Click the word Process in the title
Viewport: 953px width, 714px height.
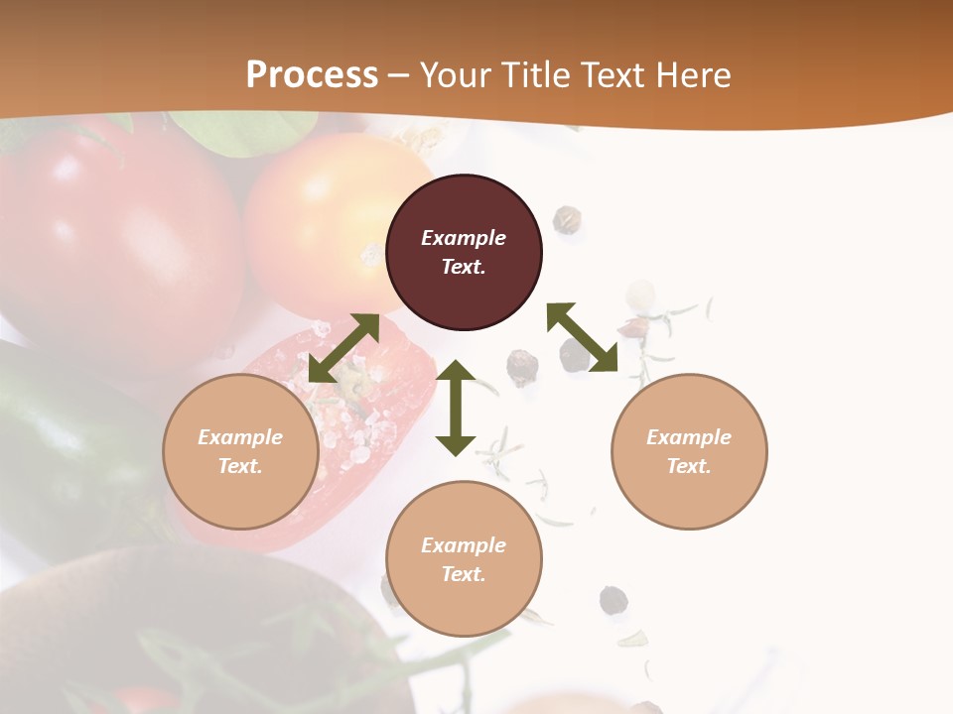pos(312,75)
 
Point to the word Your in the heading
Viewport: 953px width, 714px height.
pos(456,75)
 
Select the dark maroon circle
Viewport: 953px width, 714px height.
pos(464,252)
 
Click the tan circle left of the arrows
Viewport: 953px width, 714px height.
pos(240,451)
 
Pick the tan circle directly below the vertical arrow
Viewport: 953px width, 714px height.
pos(464,558)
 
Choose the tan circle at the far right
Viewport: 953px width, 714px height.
pos(688,451)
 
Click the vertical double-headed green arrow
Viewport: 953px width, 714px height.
pos(456,408)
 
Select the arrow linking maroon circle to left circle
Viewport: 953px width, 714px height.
pos(343,348)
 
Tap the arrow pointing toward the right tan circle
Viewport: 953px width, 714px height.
pos(583,337)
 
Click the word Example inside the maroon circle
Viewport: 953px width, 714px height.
pos(464,238)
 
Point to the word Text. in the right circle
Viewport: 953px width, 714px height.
pos(688,466)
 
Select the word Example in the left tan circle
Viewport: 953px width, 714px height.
pos(240,437)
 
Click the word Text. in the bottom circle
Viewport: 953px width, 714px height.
pos(464,574)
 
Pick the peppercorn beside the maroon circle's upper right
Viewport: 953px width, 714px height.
pos(568,219)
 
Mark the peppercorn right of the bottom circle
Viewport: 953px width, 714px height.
pos(613,600)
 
